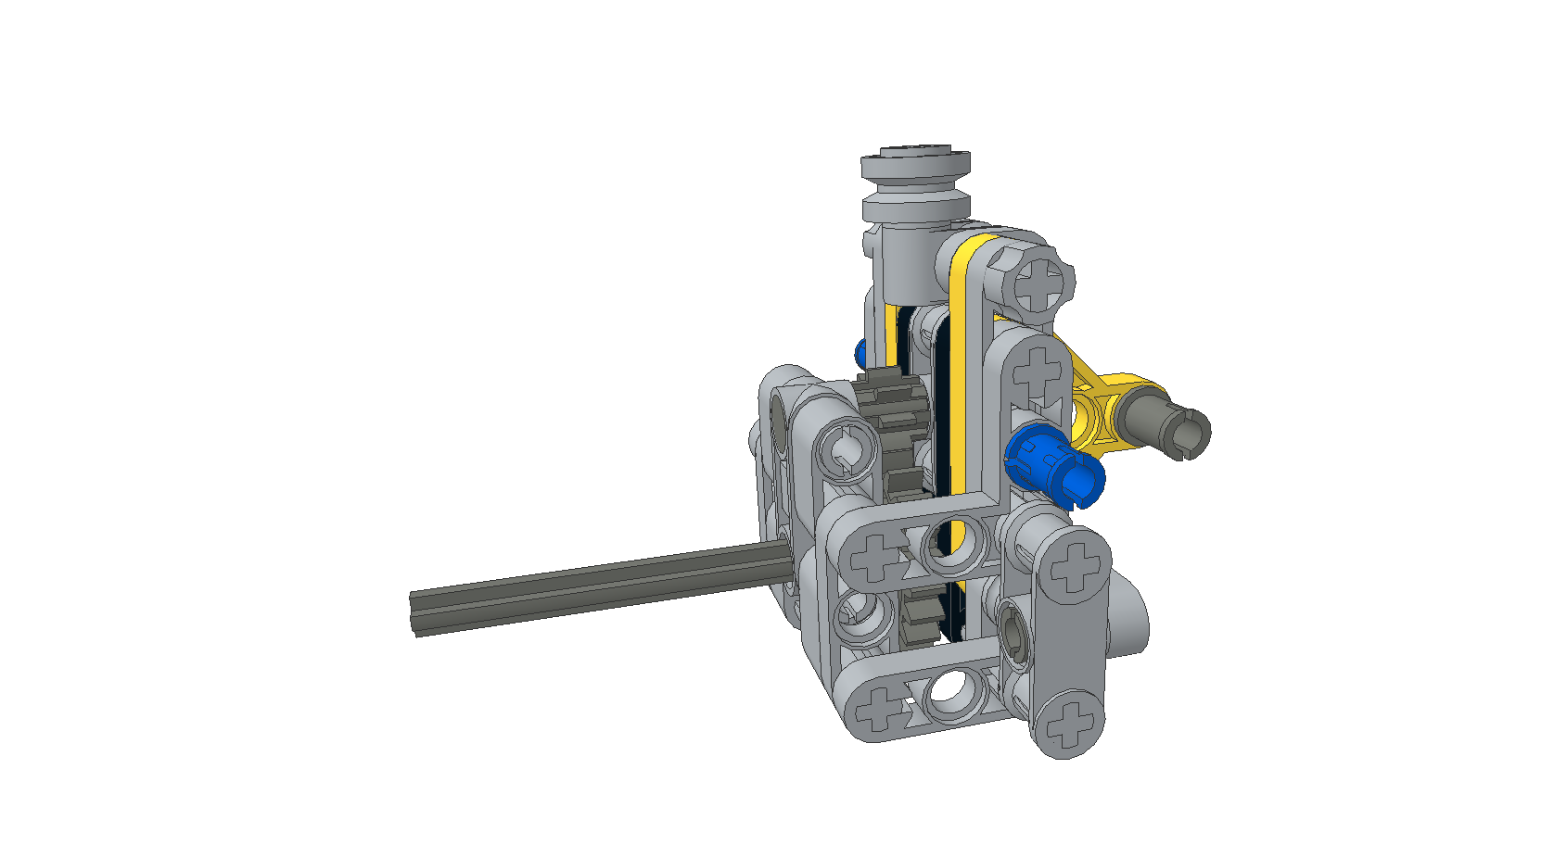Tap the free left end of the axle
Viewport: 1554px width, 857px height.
click(x=414, y=613)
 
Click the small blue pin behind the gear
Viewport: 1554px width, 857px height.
click(x=860, y=353)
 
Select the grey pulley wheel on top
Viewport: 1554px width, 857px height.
click(x=916, y=185)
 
